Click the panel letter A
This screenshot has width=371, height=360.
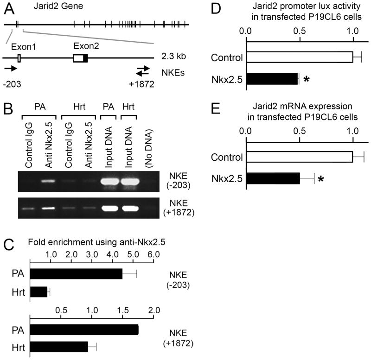[8, 8]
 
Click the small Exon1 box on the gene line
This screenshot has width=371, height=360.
[19, 58]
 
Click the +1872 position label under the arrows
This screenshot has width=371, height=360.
[142, 84]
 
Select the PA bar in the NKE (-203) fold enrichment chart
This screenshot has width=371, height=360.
[76, 274]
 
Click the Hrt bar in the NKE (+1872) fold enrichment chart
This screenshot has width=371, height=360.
[59, 346]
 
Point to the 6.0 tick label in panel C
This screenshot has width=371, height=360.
[154, 254]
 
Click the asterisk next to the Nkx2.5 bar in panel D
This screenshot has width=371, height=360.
[307, 80]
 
